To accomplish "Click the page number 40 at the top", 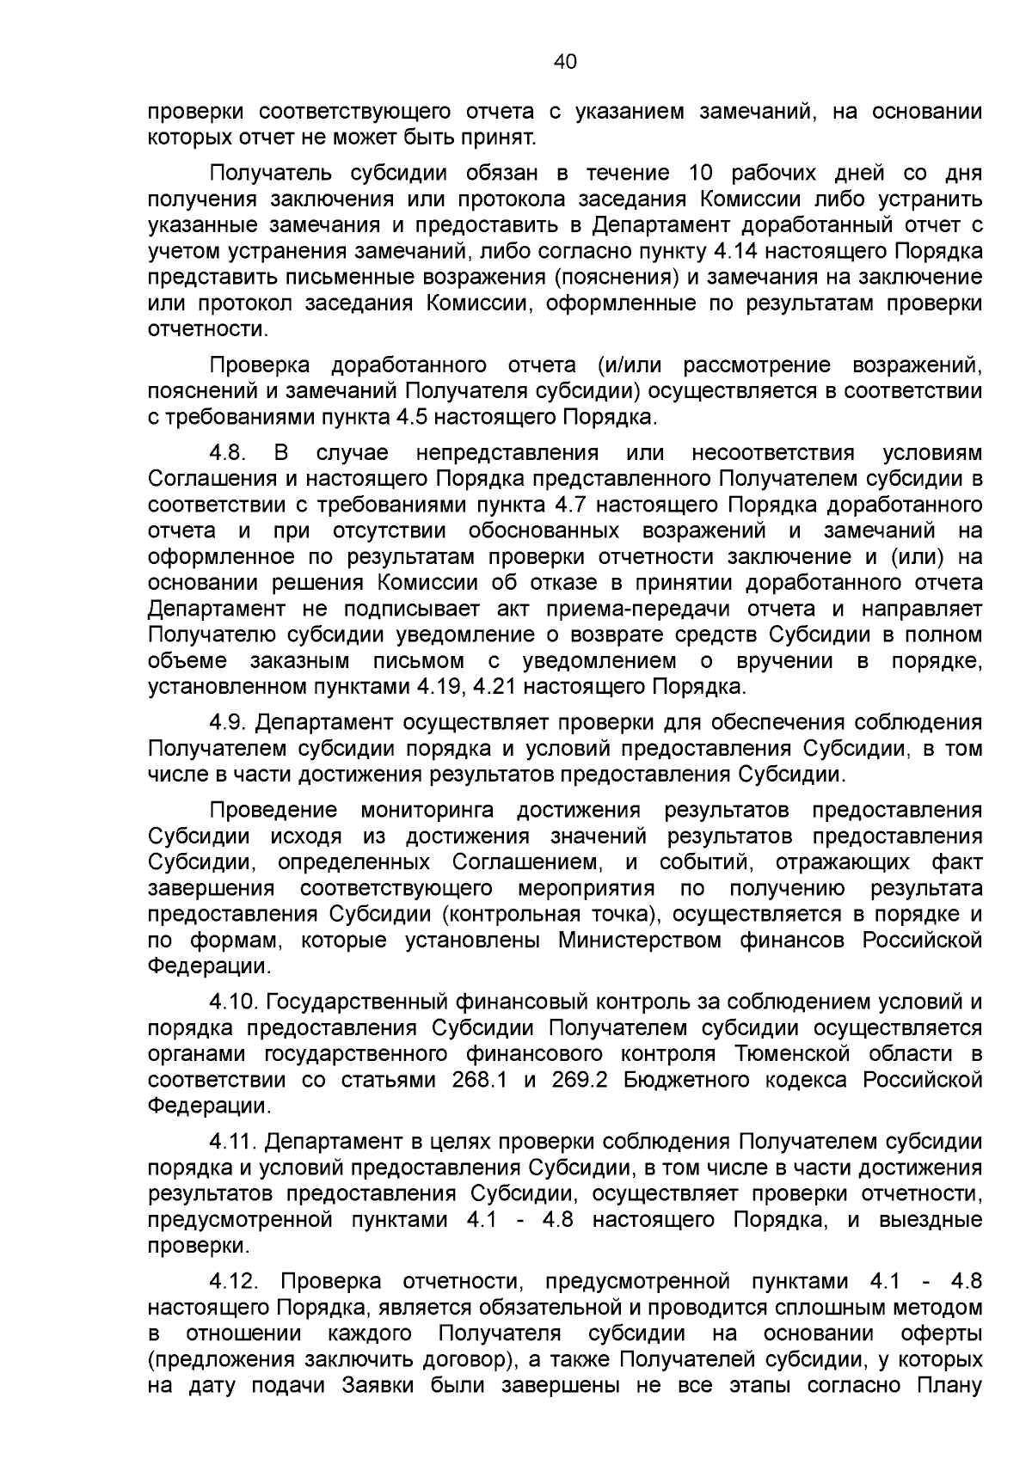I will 565,62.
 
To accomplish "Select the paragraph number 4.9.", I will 228,721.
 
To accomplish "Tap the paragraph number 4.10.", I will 234,1002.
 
